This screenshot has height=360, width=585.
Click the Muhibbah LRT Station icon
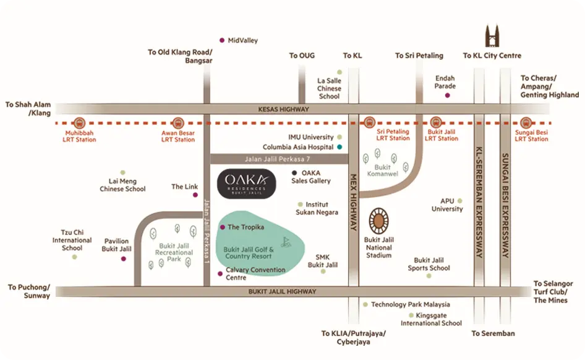coord(80,122)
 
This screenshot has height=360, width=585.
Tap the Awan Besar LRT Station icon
coord(179,122)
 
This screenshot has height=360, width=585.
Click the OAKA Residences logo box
coord(247,183)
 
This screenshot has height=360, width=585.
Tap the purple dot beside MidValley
coord(223,40)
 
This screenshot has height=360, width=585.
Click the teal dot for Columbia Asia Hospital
coord(339,147)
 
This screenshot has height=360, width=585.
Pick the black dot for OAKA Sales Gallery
coord(294,173)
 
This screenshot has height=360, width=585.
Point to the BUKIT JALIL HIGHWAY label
coord(283,291)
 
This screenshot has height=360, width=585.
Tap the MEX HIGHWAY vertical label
coord(354,200)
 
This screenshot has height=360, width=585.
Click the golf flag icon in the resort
coord(286,242)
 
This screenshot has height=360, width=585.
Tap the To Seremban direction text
coord(493,333)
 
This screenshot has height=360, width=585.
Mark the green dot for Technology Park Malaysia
coord(365,304)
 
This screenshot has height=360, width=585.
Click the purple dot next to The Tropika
coord(223,227)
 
